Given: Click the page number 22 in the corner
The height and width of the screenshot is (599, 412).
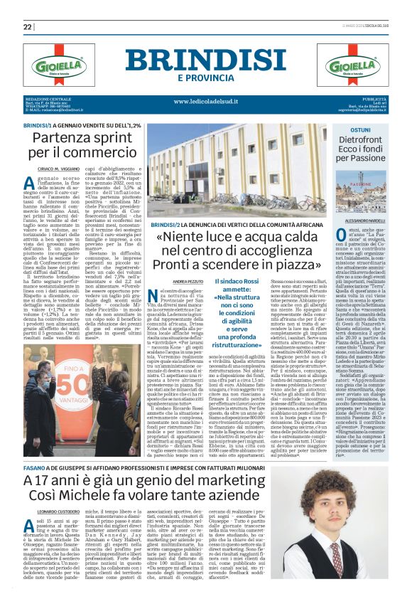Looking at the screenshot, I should [28, 27].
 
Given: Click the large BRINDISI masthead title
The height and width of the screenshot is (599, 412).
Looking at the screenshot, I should [205, 56].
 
